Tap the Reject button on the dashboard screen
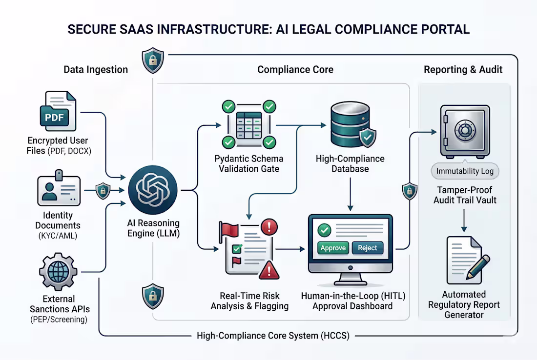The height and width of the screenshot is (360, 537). pos(367,248)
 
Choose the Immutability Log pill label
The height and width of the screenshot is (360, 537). pos(465,172)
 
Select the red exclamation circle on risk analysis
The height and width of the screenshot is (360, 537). pos(269,227)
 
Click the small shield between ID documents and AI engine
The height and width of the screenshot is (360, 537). pos(103,190)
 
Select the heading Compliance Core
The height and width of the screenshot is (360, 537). pos(295,70)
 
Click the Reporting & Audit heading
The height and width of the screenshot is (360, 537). pos(463,70)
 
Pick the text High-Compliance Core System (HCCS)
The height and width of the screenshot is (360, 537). pos(273,336)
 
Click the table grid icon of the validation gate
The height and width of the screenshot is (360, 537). pos(248,125)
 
